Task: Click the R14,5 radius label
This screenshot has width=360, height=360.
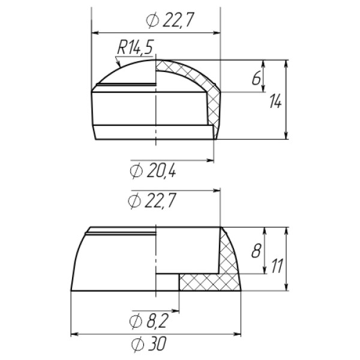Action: pyautogui.click(x=135, y=47)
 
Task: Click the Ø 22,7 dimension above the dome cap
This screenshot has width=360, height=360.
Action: pyautogui.click(x=170, y=20)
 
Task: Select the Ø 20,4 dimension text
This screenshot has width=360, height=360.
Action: pyautogui.click(x=153, y=171)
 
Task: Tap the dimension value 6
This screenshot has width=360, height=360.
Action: pyautogui.click(x=256, y=78)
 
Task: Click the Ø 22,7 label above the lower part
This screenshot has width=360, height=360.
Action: pyautogui.click(x=152, y=200)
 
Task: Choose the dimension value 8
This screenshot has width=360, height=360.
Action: pyautogui.click(x=256, y=250)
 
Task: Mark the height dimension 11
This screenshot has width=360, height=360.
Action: pyautogui.click(x=277, y=266)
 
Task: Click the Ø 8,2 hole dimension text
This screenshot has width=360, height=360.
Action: pyautogui.click(x=149, y=321)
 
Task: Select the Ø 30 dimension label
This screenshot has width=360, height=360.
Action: pyautogui.click(x=149, y=344)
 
